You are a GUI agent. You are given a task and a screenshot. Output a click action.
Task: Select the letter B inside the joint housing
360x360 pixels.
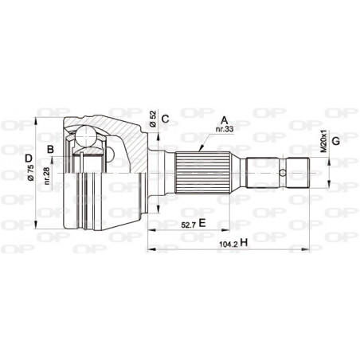tap(50, 149)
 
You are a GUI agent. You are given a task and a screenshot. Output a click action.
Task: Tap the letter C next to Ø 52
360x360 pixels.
tap(166, 121)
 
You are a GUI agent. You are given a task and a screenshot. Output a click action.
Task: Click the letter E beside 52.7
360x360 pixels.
tap(203, 224)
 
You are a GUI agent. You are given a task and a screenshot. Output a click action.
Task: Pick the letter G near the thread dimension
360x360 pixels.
tap(336, 141)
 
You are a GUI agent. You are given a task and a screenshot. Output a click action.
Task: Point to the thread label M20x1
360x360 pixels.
tap(323, 141)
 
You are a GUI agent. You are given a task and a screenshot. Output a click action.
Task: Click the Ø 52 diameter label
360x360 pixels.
tap(152, 120)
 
